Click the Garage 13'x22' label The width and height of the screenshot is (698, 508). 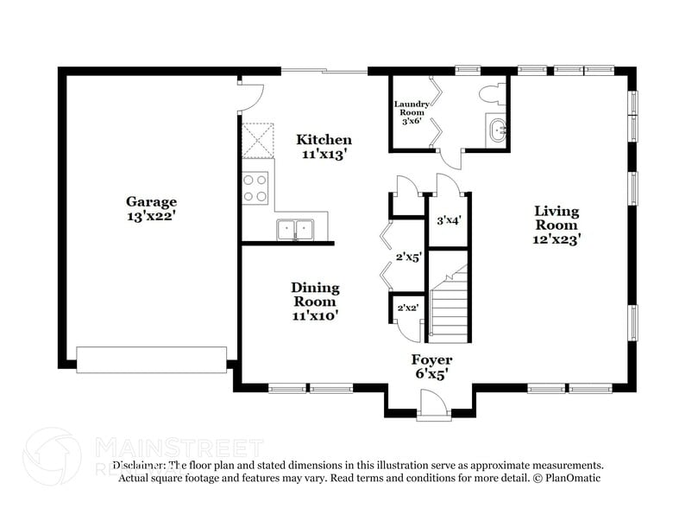click(152, 209)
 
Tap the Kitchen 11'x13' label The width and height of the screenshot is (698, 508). click(324, 147)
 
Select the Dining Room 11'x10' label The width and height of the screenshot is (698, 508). click(314, 302)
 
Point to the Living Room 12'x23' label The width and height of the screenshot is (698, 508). click(556, 225)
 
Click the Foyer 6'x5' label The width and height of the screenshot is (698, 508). click(431, 367)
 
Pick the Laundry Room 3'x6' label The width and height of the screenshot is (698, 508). click(411, 113)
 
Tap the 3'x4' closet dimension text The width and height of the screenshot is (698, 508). click(449, 220)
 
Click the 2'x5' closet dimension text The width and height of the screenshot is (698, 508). click(407, 257)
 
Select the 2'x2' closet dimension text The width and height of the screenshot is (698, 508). click(406, 308)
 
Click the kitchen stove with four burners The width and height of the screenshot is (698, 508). click(255, 188)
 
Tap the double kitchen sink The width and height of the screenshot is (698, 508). click(295, 230)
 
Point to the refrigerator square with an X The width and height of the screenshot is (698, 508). click(256, 141)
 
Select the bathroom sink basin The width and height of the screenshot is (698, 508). click(498, 132)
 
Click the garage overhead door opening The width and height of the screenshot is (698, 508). click(152, 359)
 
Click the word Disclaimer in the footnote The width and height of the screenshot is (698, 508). click(138, 465)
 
